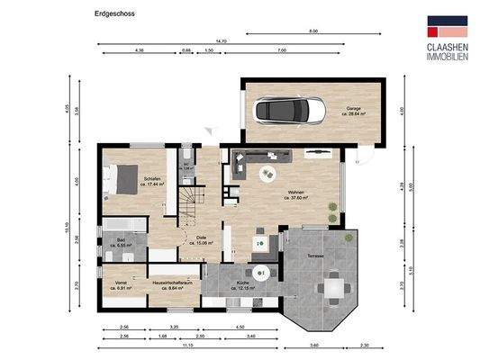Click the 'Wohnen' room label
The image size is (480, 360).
296,194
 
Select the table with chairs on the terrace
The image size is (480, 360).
333,287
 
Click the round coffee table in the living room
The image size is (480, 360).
267,173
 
